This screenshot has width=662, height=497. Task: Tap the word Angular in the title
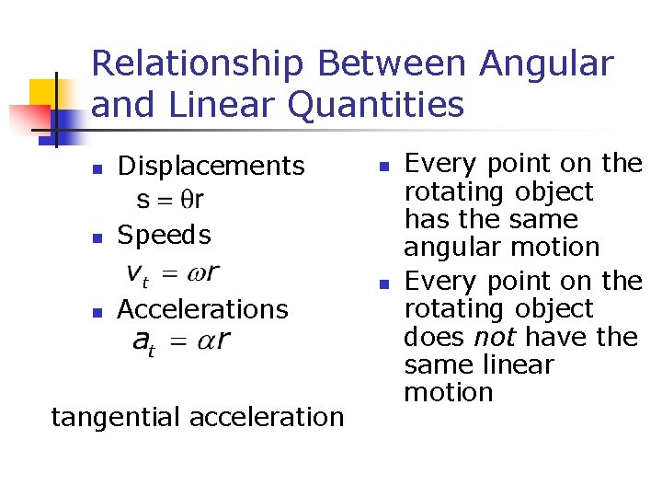click(x=546, y=65)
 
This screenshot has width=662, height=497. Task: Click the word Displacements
click(x=211, y=166)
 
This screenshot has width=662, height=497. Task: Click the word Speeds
click(x=164, y=235)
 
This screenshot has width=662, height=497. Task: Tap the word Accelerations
click(x=202, y=309)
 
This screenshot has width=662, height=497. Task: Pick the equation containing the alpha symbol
click(x=181, y=341)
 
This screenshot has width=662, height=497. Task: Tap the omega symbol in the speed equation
click(x=196, y=273)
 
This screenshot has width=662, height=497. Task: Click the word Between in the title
click(x=396, y=65)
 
